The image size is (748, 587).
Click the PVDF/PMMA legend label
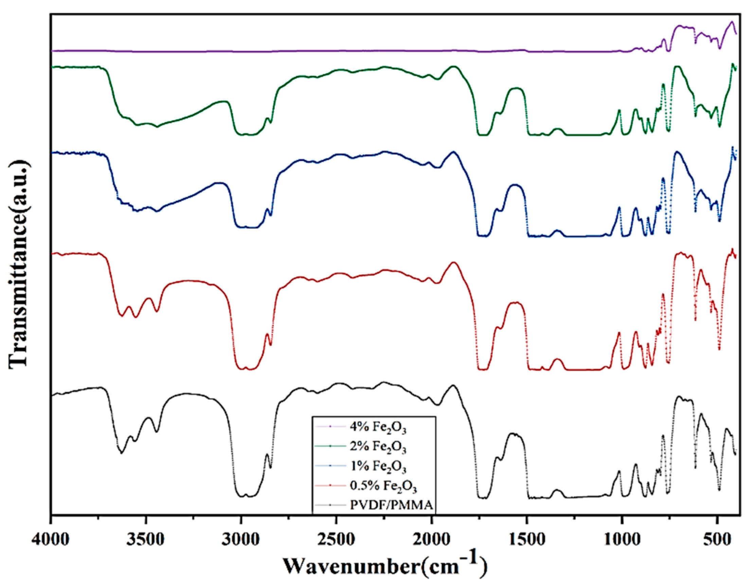391,505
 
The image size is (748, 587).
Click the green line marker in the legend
330,446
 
